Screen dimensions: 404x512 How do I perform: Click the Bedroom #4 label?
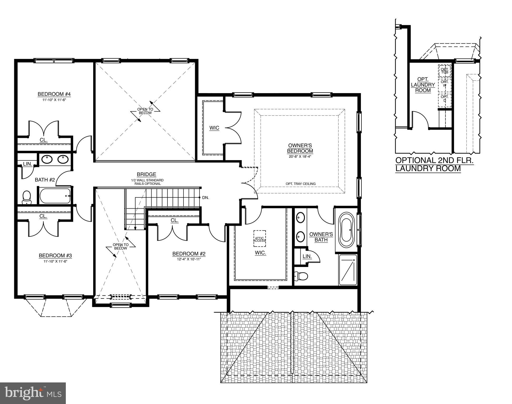click(x=54, y=94)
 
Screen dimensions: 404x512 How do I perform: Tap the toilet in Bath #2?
click(x=27, y=197)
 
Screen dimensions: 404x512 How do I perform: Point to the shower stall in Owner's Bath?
click(x=348, y=270)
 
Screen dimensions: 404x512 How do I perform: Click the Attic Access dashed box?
click(x=260, y=239)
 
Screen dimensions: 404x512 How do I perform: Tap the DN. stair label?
click(x=206, y=198)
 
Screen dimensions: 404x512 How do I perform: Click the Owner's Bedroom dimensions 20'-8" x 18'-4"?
click(x=300, y=156)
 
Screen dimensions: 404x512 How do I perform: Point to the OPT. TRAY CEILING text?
click(x=300, y=184)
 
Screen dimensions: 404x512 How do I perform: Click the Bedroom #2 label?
click(x=189, y=254)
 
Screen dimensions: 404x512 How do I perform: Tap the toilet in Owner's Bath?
click(x=301, y=276)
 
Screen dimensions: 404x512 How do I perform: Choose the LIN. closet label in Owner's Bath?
click(x=307, y=256)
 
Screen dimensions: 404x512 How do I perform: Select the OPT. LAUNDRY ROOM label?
click(x=423, y=85)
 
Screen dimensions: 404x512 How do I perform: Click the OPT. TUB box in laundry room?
click(x=444, y=71)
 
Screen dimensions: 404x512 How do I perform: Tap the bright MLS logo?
click(x=33, y=393)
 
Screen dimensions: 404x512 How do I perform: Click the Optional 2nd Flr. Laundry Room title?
click(x=434, y=164)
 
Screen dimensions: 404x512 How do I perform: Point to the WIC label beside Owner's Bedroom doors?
click(x=214, y=128)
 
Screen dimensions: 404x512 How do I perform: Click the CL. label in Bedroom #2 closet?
click(x=174, y=220)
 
